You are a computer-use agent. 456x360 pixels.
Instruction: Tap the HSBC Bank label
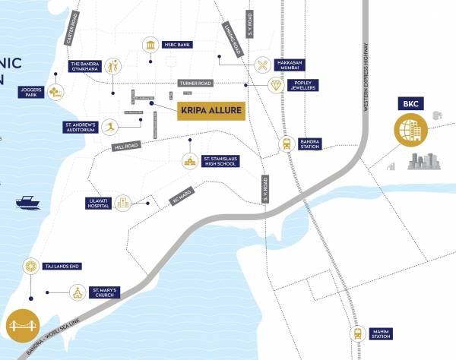click(179, 45)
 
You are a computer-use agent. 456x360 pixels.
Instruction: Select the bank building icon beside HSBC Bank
click(151, 45)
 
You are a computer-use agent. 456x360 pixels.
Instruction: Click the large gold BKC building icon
click(411, 129)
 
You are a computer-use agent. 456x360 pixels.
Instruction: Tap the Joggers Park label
click(31, 93)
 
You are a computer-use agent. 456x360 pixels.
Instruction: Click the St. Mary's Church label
click(104, 292)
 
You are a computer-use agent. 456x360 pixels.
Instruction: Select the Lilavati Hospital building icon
click(124, 203)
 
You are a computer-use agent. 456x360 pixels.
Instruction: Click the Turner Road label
click(195, 83)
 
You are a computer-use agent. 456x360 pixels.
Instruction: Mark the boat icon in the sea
click(29, 202)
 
